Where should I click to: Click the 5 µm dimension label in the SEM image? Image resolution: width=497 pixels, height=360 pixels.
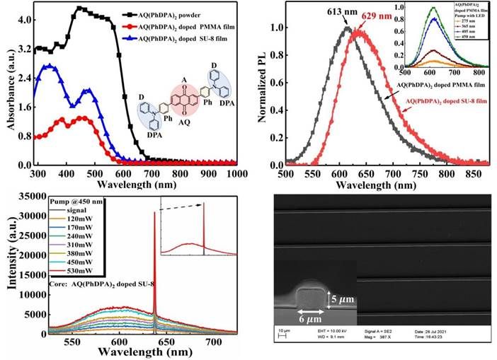(343, 300)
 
